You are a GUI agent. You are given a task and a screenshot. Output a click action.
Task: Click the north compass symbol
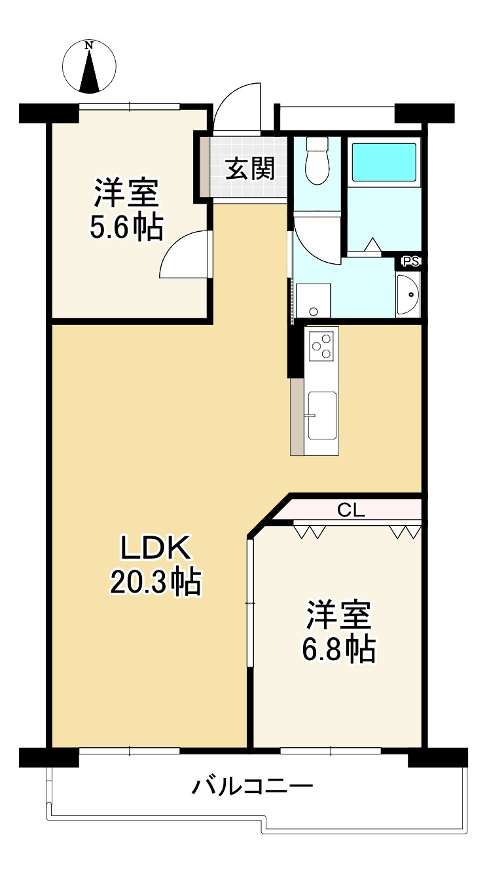(90, 67)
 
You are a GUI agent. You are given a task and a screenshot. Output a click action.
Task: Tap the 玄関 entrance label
(250, 169)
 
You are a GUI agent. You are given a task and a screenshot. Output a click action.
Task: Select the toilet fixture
(317, 160)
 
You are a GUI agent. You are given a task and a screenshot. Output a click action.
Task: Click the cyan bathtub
(384, 162)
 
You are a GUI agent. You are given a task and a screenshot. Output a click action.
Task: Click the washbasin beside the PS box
(407, 294)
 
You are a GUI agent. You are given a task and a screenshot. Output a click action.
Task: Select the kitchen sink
(322, 415)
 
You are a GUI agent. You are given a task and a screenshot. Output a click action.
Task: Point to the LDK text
(155, 548)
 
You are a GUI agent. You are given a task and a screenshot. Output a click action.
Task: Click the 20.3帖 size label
(156, 582)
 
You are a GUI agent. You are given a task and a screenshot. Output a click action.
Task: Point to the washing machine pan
(314, 301)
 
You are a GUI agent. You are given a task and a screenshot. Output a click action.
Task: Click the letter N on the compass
(90, 45)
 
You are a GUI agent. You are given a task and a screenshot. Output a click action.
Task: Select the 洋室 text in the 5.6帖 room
(126, 193)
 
